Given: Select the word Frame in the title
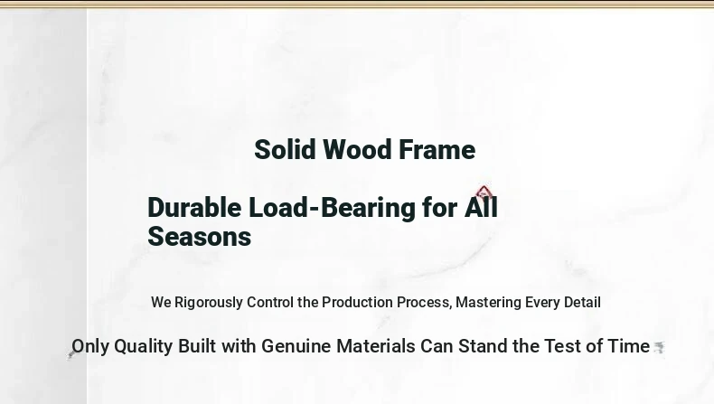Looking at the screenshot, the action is click(x=437, y=149).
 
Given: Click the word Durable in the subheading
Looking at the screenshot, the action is click(x=194, y=207).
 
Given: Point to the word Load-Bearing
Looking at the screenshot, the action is click(x=332, y=207).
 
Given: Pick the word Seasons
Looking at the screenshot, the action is click(x=200, y=237).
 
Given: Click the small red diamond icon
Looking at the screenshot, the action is click(x=484, y=193).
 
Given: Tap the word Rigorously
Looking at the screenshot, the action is click(x=209, y=303).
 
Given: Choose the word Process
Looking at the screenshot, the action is click(x=425, y=303).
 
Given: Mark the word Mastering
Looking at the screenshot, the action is click(x=489, y=303).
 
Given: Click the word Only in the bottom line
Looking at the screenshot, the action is click(x=90, y=346).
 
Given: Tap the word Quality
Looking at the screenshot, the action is click(x=144, y=347).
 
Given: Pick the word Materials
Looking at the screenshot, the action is click(x=376, y=346).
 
